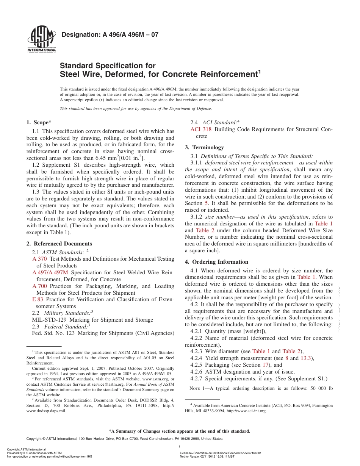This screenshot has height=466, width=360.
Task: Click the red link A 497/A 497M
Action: [x=50, y=272]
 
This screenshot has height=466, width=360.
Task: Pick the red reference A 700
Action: [x=40, y=286]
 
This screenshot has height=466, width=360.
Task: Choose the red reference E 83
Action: [x=38, y=299]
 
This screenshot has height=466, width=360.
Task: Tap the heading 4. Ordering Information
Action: [x=216, y=262]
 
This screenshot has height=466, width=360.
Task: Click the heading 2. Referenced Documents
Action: [x=59, y=244]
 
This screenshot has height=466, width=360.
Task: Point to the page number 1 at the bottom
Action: [x=179, y=447]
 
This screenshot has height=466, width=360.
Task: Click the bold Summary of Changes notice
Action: [x=180, y=431]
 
